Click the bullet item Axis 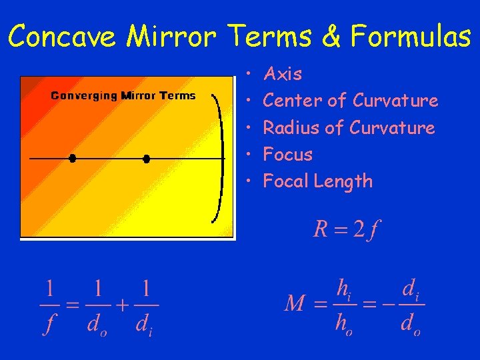coord(283,74)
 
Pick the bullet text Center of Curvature coord(351,101)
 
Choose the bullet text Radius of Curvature coord(349,127)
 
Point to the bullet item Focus coord(288,155)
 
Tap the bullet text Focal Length coord(318,181)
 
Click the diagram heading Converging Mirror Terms coord(123,95)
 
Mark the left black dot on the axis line coord(73,158)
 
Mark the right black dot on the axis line coord(147,158)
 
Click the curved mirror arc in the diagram coord(219,158)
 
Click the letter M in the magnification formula coord(295,305)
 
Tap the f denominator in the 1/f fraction coord(49,326)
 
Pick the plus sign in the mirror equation coord(123,306)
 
